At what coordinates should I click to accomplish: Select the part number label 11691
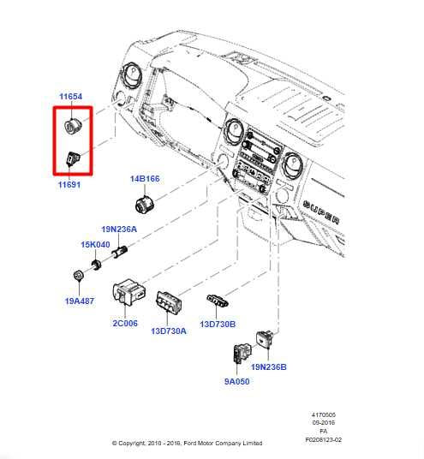69,184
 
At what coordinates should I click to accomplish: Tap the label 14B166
145,179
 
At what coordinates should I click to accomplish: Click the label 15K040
96,244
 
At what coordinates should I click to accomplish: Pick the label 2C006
125,325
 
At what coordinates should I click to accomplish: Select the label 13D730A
169,331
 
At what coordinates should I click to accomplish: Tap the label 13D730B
218,325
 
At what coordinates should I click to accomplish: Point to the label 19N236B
269,367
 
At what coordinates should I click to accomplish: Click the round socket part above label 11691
74,127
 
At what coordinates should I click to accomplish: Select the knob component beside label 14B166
145,204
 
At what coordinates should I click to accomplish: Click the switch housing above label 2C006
133,293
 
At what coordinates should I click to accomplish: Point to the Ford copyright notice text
188,444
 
